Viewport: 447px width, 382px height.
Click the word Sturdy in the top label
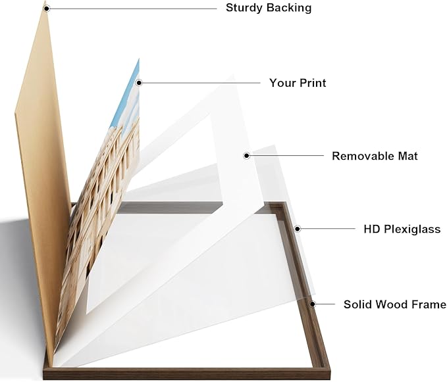point(244,8)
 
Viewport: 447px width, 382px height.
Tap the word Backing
point(289,8)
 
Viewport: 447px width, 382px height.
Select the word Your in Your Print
point(280,83)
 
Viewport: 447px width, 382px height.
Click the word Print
point(311,83)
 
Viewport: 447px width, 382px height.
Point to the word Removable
point(359,156)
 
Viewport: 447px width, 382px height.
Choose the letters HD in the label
point(371,229)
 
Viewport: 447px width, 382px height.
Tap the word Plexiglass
point(412,229)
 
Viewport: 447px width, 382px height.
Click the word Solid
point(356,304)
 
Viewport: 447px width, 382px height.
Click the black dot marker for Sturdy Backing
point(47,9)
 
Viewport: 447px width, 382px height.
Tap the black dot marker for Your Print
point(139,83)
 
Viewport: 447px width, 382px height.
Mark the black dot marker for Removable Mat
point(247,155)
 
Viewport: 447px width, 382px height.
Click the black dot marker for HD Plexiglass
point(298,229)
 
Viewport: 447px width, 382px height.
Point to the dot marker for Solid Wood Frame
point(313,304)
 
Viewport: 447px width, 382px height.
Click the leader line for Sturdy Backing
point(133,9)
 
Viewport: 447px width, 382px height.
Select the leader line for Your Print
point(201,83)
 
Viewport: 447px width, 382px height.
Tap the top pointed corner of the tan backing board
point(45,1)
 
